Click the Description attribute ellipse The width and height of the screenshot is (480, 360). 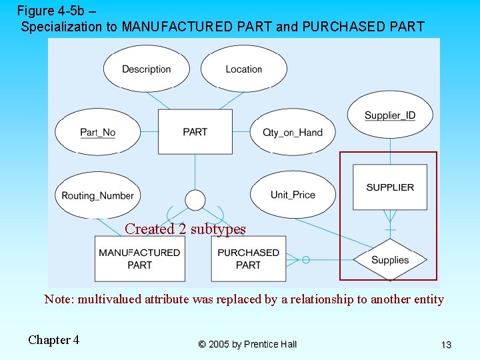pos(147,69)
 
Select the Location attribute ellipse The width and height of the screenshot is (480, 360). pos(244,69)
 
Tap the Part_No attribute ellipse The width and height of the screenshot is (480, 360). pos(98,132)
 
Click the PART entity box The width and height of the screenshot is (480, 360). pos(195,131)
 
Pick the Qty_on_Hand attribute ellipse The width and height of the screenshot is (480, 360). pos(293,132)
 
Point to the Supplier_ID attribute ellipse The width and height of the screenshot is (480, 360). pos(390,115)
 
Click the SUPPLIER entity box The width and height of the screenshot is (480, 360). pos(390,187)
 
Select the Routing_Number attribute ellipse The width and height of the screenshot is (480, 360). pos(98,195)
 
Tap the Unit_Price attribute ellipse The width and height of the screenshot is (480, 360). pos(293,195)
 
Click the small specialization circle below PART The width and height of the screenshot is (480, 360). pos(195,199)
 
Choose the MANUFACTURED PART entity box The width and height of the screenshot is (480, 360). pos(139,259)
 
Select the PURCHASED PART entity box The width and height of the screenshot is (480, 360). pos(249,259)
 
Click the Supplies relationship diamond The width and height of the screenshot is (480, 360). pos(390,260)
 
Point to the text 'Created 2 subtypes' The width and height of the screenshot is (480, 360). pos(185,229)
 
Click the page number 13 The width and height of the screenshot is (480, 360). pos(446,345)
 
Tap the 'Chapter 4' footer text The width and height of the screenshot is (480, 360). pos(53,340)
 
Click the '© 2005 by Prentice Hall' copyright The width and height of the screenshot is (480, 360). pos(247,344)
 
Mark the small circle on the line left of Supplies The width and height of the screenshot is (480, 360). pos(306,259)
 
